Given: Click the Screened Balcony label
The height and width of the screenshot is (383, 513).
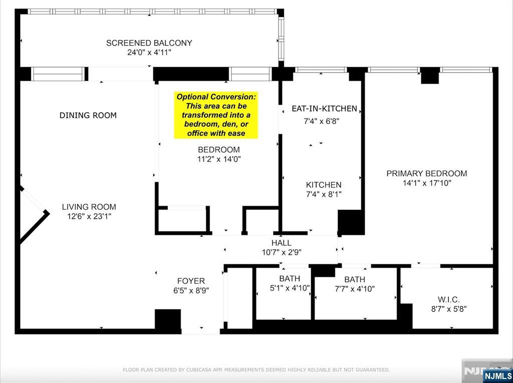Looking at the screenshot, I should (x=149, y=43).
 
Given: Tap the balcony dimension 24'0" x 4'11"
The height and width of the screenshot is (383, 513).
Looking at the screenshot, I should (x=149, y=53).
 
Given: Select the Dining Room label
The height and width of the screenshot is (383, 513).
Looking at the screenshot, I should (x=88, y=115).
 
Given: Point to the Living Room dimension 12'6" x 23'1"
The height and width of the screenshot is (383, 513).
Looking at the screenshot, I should (x=89, y=216).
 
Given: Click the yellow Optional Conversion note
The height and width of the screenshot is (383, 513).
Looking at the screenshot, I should (x=216, y=115).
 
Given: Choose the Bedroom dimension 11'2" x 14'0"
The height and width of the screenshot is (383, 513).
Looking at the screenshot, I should (x=218, y=159).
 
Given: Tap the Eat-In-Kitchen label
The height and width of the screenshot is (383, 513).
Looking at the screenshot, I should (x=324, y=109).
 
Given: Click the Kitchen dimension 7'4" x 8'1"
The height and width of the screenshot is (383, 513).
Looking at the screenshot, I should (x=324, y=194).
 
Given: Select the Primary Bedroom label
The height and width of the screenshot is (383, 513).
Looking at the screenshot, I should (x=426, y=173).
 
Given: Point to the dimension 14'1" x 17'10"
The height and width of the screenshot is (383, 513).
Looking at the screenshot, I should (x=426, y=183).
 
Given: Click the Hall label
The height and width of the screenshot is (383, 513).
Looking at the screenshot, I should (x=281, y=243).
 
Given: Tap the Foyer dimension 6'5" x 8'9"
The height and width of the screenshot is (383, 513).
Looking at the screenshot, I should (x=191, y=290).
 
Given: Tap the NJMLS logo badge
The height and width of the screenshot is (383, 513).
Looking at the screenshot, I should (x=497, y=375).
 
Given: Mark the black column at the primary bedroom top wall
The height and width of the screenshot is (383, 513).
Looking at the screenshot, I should (x=430, y=76).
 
